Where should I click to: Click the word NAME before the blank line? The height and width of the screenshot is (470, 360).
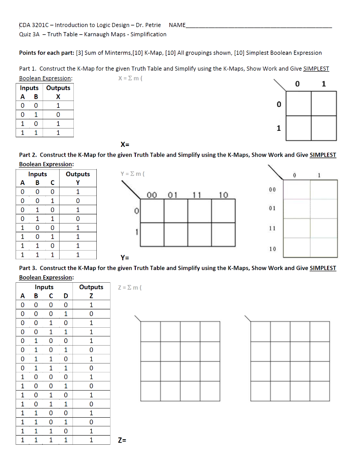pyautogui.click(x=177, y=25)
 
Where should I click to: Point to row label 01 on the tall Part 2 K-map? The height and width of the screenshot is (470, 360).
pyautogui.click(x=272, y=208)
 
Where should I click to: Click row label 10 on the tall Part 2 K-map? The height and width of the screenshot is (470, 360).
pyautogui.click(x=272, y=249)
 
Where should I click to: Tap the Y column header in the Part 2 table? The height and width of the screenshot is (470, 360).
pyautogui.click(x=78, y=184)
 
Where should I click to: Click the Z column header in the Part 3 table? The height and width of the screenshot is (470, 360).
pyautogui.click(x=91, y=296)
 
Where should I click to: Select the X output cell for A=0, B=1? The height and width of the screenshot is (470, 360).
pyautogui.click(x=58, y=115)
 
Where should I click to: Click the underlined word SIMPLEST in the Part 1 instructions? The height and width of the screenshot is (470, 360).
pyautogui.click(x=316, y=69)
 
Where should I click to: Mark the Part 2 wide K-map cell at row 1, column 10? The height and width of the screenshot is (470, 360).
pyautogui.click(x=223, y=235)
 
